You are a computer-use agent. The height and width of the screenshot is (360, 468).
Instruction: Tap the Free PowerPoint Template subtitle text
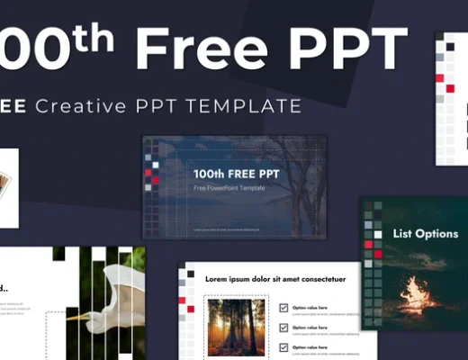pyautogui.click(x=229, y=188)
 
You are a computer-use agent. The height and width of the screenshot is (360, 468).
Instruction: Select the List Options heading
pyautogui.click(x=426, y=234)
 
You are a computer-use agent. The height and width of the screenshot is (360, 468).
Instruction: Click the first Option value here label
pyautogui.click(x=310, y=308)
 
